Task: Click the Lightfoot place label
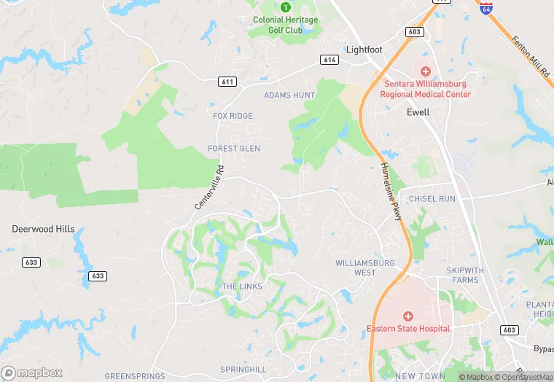click(363, 50)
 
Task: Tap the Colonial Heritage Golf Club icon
click(286, 7)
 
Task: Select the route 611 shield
click(227, 82)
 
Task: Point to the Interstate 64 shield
click(486, 8)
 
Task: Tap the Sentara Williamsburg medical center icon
click(426, 71)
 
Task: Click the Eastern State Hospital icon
click(408, 316)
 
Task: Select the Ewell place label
click(418, 112)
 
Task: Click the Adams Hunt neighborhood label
click(289, 95)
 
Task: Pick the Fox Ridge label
click(233, 116)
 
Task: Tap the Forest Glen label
click(234, 149)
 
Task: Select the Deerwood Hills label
click(43, 229)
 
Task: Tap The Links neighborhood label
click(241, 286)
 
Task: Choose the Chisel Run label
click(432, 199)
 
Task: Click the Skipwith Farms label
click(465, 275)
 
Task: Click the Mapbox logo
click(32, 373)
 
